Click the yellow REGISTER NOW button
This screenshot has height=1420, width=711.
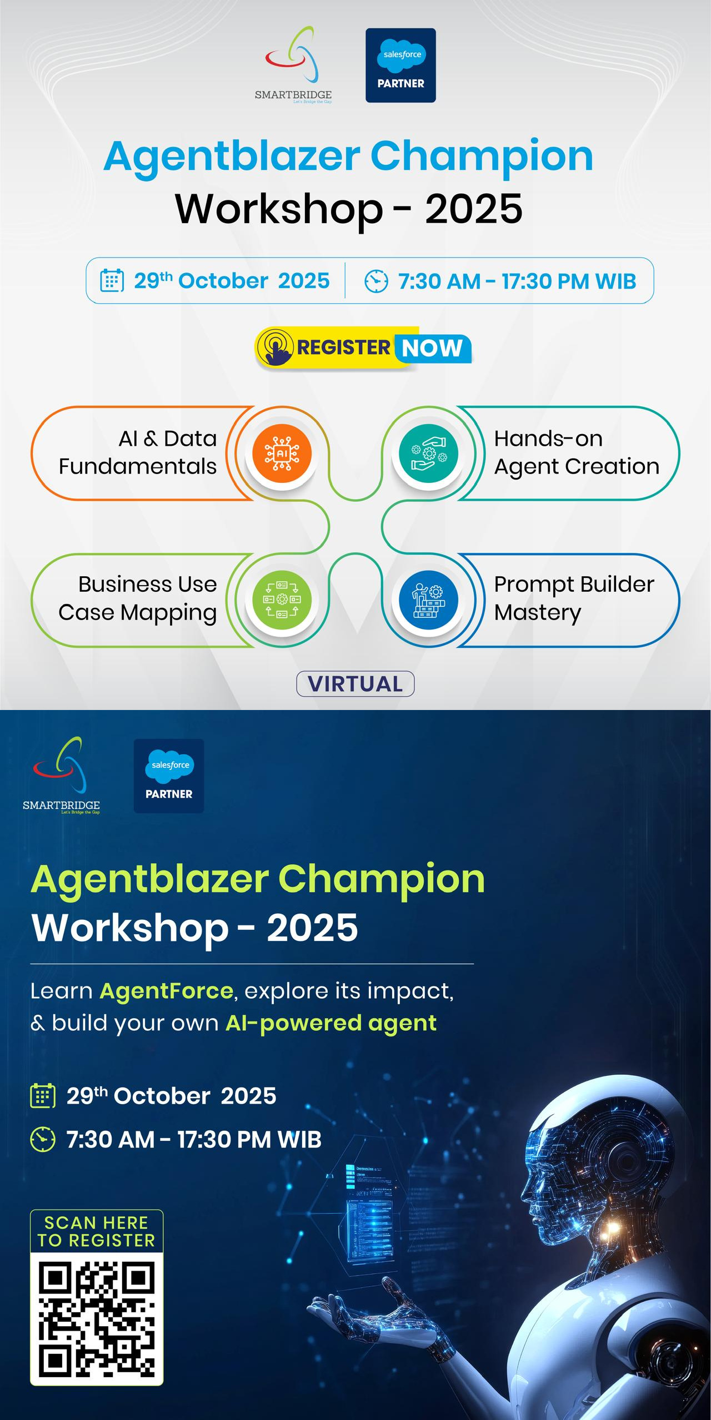tap(363, 348)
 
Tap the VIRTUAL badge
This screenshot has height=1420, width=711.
tap(355, 683)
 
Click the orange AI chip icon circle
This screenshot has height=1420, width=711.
tap(282, 454)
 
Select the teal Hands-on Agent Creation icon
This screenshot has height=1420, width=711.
tap(428, 454)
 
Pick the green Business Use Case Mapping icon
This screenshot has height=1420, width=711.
tap(282, 600)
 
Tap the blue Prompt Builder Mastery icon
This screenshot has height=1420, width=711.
tap(428, 600)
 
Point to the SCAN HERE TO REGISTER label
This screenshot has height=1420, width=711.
tap(97, 1232)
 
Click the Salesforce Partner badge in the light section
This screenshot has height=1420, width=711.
tap(400, 66)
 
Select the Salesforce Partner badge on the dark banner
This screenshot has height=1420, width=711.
tap(169, 776)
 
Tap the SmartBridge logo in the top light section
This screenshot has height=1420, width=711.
tap(293, 65)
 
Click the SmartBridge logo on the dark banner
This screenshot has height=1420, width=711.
tap(61, 776)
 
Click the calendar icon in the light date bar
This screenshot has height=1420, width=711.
tap(112, 280)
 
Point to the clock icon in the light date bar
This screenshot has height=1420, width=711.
tap(376, 281)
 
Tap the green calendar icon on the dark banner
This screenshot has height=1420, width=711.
tap(43, 1096)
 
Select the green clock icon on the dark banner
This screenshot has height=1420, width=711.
tap(43, 1139)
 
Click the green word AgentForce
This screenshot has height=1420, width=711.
tap(166, 991)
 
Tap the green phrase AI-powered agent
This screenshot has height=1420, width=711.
tap(331, 1023)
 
